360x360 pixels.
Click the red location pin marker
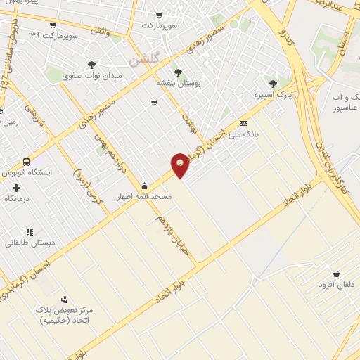[x=181, y=165]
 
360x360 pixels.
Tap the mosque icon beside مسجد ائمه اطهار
[x=144, y=186]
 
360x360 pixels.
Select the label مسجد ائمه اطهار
[x=145, y=196]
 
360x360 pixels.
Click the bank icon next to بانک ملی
[x=243, y=122]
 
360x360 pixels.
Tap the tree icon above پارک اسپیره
[x=273, y=84]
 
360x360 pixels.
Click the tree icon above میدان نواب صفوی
[x=92, y=65]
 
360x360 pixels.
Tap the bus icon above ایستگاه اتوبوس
[x=27, y=161]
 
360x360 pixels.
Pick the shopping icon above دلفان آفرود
[x=337, y=274]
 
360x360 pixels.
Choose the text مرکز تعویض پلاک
[x=67, y=310]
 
